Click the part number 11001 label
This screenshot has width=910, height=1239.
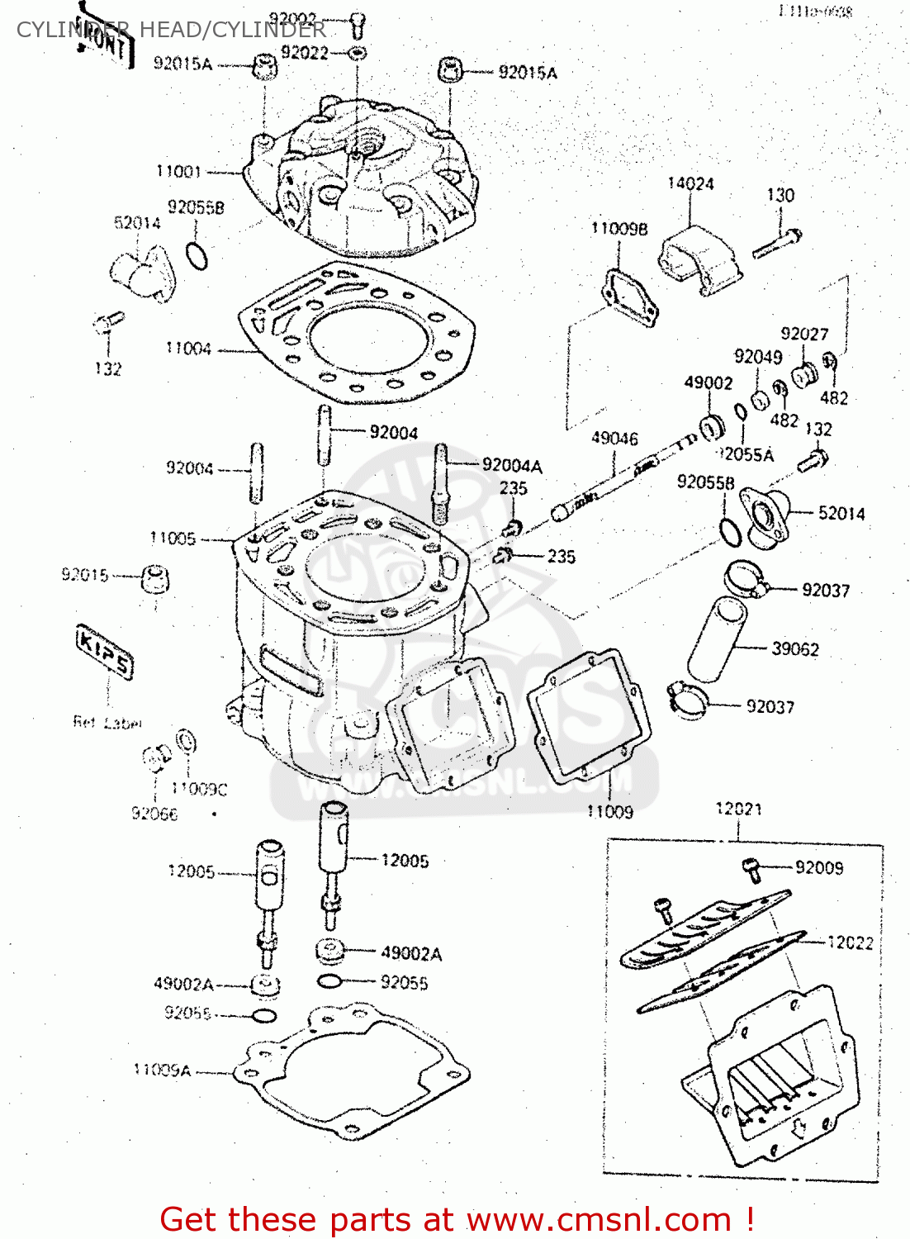178,171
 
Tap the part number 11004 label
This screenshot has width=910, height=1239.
188,349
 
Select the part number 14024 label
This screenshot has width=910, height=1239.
690,183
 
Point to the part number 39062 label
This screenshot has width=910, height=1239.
794,649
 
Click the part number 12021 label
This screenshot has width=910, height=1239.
738,809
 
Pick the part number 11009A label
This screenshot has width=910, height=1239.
162,1070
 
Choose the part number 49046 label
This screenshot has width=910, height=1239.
614,438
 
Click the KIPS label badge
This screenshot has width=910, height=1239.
104,651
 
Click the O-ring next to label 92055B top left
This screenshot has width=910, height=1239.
197,257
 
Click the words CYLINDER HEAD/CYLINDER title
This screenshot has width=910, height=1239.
171,30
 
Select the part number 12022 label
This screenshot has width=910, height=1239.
850,942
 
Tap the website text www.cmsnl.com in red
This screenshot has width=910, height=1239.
599,1219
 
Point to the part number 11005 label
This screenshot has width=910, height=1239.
173,539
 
